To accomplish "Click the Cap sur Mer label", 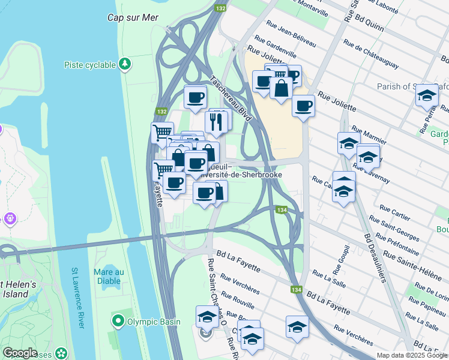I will point(133,17).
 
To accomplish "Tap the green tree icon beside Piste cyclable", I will point(125,64).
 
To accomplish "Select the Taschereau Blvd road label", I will point(230,98).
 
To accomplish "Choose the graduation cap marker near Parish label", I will point(427,95).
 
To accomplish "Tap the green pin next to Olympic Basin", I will point(118,322).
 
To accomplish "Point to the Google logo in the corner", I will point(20,353).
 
